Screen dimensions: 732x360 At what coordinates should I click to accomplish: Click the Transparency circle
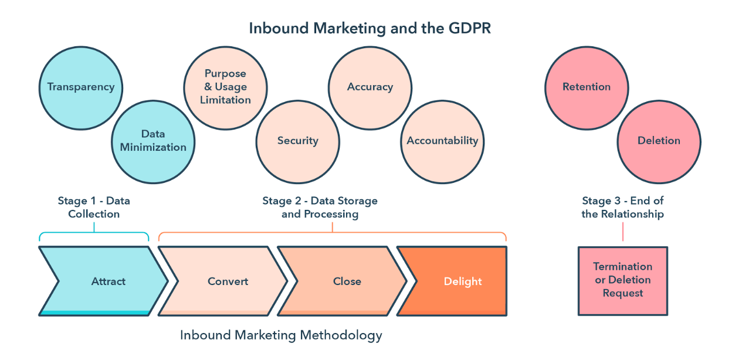click(81, 88)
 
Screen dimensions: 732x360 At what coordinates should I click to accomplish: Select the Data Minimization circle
click(153, 142)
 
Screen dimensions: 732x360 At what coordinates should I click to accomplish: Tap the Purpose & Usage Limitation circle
click(225, 88)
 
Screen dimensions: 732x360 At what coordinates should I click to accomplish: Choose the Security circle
click(298, 142)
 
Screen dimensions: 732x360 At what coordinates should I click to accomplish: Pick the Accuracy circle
click(370, 88)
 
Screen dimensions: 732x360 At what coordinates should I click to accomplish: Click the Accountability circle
click(442, 142)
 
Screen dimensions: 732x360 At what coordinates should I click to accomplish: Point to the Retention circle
click(587, 88)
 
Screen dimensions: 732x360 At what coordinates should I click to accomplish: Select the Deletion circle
click(659, 142)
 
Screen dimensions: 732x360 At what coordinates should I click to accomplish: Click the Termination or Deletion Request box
click(623, 281)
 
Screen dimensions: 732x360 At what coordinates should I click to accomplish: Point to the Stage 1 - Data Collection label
click(94, 207)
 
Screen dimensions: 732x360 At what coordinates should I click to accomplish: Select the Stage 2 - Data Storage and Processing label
click(320, 207)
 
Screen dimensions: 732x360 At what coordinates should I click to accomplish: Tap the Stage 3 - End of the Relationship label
click(623, 207)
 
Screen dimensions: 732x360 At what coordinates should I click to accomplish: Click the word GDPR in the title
click(470, 28)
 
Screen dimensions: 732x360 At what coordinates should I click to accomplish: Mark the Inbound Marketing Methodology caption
click(281, 335)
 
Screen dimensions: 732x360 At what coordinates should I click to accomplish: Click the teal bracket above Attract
click(94, 233)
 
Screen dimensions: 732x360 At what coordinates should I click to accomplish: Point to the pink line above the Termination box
click(623, 232)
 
